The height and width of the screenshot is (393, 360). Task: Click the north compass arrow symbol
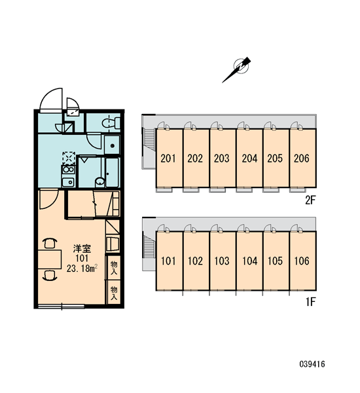(237, 69)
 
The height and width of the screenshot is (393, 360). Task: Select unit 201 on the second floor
(169, 158)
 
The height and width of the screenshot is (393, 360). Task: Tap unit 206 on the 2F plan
(302, 158)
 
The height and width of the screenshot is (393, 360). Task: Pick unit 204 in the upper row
(249, 158)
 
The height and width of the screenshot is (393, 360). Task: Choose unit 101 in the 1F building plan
(169, 261)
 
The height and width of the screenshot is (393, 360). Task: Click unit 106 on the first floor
(302, 261)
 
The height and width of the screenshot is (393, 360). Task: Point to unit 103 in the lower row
(223, 261)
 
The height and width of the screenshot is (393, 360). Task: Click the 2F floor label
(310, 200)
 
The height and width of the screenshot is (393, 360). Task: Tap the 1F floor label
(310, 302)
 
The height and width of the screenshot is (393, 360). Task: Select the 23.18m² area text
(82, 269)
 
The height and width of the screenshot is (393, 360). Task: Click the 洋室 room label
(82, 249)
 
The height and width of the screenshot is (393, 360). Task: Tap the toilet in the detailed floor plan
(111, 123)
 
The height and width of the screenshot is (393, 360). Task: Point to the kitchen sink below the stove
(68, 182)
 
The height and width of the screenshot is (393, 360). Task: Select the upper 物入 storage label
(114, 267)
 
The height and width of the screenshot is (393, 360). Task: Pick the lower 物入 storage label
(114, 293)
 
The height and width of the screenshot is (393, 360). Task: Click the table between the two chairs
(50, 259)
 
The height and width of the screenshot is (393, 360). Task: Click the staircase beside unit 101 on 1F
(149, 247)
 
